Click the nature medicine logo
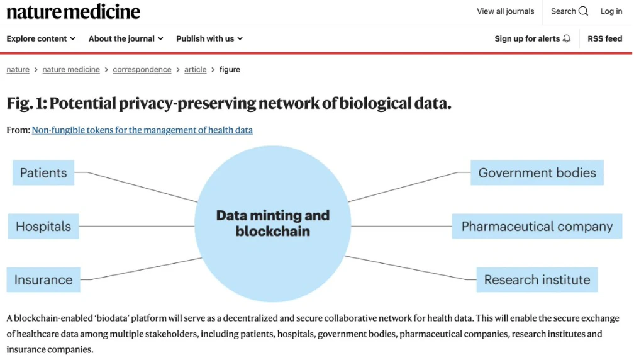point(73,12)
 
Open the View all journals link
point(505,11)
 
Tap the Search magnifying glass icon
point(583,11)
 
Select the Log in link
point(611,11)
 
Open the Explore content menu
point(41,38)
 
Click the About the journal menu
point(126,38)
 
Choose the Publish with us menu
point(209,38)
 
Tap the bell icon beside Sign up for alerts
point(567,38)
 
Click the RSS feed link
point(604,38)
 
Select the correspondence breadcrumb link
point(142,70)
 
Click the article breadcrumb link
point(195,70)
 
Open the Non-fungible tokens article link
point(142,130)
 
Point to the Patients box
point(43,172)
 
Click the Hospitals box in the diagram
point(43,226)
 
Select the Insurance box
point(43,279)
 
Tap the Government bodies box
point(537,172)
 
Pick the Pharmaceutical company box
point(537,226)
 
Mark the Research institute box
point(537,279)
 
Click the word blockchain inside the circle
point(273,232)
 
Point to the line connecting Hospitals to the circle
point(136,226)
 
